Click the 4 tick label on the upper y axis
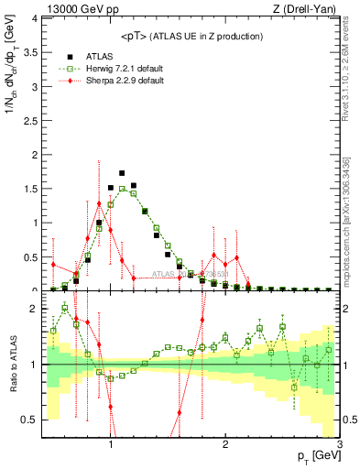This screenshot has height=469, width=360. [35, 17]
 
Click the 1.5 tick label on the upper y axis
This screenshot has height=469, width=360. [30, 189]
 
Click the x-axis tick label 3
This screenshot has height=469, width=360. [340, 445]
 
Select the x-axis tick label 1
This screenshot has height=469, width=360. [111, 445]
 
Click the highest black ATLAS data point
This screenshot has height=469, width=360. [122, 172]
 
